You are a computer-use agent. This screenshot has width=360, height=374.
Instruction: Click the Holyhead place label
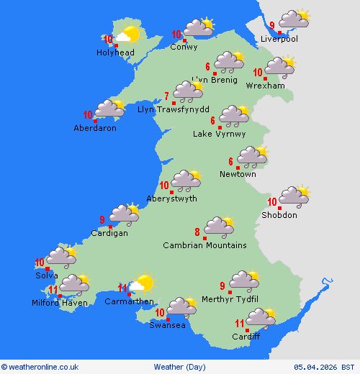(115, 53)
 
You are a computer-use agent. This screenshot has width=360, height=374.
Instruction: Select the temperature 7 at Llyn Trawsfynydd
(167, 96)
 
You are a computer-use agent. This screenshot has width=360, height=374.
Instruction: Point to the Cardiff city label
(246, 337)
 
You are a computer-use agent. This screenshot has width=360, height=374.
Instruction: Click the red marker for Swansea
(168, 318)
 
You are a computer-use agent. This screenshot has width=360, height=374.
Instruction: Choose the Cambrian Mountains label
(204, 245)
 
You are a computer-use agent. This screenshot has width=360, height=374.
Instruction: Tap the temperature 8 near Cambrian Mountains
(197, 232)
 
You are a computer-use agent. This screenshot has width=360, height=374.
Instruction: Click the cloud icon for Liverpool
(294, 19)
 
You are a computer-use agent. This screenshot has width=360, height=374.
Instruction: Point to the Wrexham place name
(265, 86)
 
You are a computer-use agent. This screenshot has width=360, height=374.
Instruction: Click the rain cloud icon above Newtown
(252, 156)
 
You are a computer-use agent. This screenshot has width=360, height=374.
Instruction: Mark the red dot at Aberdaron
(96, 121)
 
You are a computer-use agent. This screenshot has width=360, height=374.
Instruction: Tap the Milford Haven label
(59, 303)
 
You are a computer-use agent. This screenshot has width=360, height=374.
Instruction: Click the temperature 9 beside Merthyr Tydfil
(222, 275)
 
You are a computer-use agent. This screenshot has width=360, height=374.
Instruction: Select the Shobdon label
(279, 215)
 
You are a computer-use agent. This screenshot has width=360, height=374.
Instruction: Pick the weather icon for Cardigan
(124, 214)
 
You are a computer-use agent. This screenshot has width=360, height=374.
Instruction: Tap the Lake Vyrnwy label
(219, 134)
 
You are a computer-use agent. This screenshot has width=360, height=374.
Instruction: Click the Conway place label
(184, 47)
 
